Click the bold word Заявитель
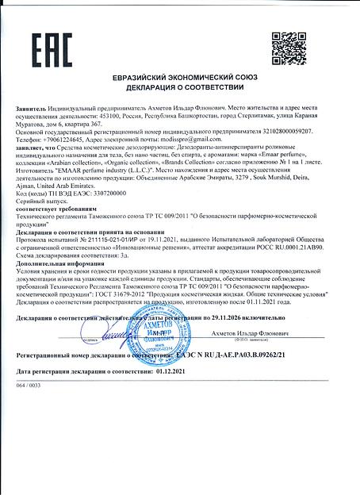tap(36, 106)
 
